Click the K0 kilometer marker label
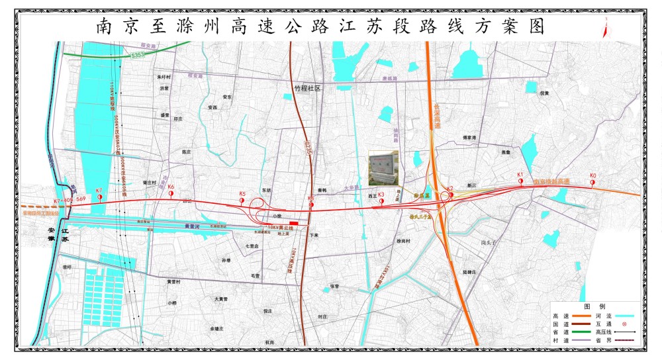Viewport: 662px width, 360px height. pyautogui.click(x=593, y=176)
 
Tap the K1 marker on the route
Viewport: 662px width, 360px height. pyautogui.click(x=520, y=175)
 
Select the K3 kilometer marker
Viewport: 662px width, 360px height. pyautogui.click(x=381, y=195)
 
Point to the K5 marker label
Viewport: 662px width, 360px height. pyautogui.click(x=242, y=195)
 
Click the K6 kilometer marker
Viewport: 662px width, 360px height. pyautogui.click(x=171, y=187)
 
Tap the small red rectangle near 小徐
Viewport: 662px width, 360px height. pyautogui.click(x=294, y=223)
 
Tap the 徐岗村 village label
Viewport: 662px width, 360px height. pyautogui.click(x=403, y=241)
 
